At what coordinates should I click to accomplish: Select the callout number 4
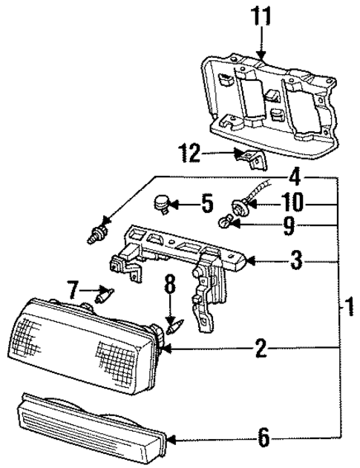[x=295, y=177]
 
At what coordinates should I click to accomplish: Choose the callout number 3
[x=295, y=261]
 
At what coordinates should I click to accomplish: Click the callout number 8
[x=169, y=284]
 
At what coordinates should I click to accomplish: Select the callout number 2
[x=259, y=346]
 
